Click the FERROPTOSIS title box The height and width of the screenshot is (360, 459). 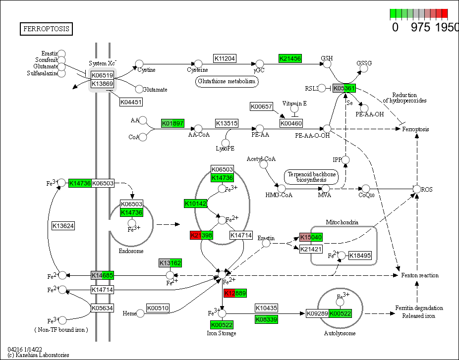point(46,29)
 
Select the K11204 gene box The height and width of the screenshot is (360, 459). point(225,58)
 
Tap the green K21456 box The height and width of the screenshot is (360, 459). point(290,58)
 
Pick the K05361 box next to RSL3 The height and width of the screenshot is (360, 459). point(344,88)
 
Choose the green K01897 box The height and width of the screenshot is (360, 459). point(172,123)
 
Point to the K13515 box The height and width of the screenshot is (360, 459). point(227,123)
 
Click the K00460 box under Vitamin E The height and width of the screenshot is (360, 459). point(291,123)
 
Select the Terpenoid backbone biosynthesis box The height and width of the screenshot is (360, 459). point(310,178)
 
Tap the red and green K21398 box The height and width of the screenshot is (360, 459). point(201,235)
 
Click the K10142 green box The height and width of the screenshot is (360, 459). point(195,204)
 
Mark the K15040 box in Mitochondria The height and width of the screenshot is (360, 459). point(311,237)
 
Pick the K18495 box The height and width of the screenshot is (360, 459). point(359,256)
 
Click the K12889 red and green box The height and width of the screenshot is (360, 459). point(234,293)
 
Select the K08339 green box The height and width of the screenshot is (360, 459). point(266,319)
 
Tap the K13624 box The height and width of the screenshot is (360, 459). point(63,226)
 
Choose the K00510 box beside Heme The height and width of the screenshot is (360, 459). point(158,308)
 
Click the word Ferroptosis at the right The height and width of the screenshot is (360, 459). point(415,129)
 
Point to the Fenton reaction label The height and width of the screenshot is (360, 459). point(419,275)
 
